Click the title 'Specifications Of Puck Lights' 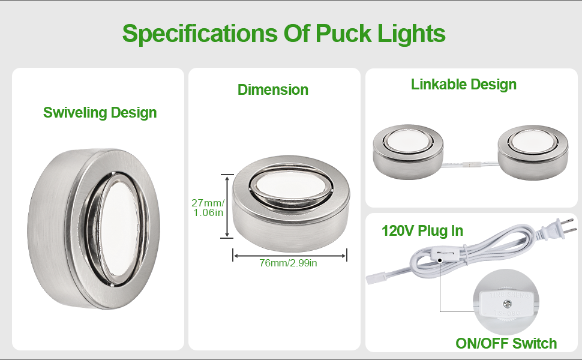284,33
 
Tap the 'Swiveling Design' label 100,112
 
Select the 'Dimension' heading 273,90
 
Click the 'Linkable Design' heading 464,85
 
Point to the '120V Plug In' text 422,230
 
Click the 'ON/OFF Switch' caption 506,343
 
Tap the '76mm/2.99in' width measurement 289,263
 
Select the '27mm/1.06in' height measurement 208,208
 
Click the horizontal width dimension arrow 290,256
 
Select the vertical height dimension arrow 227,206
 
